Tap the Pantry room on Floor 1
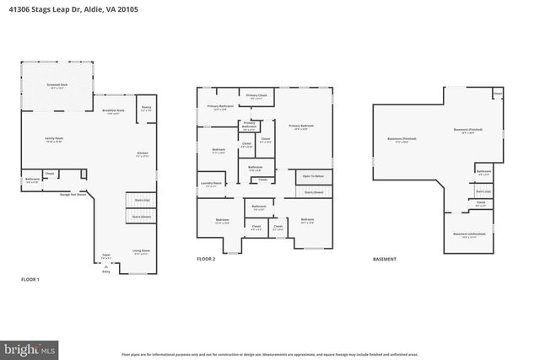tap(146, 109)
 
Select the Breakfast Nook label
tap(114, 111)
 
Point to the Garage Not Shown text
tap(74, 195)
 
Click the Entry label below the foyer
tap(106, 271)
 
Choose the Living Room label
tap(140, 251)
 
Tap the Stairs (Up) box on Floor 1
tap(141, 200)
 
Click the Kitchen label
tap(143, 153)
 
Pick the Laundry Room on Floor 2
tap(212, 184)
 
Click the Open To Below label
tap(311, 176)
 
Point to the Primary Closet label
tap(257, 96)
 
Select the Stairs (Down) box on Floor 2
tap(314, 191)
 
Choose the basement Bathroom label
tap(483, 172)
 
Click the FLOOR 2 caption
tap(206, 259)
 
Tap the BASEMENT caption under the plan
tap(385, 259)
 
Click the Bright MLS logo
tap(30, 347)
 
